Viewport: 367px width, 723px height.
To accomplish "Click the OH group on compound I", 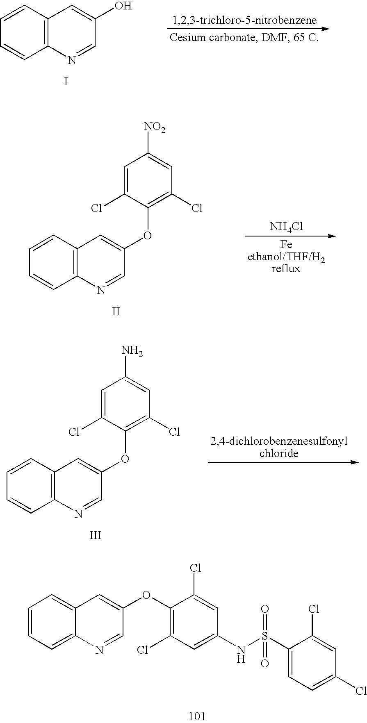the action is pyautogui.click(x=124, y=7).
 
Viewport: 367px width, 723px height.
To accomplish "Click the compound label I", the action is pyautogui.click(x=66, y=82).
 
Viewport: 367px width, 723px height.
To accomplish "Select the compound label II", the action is pyautogui.click(x=116, y=311).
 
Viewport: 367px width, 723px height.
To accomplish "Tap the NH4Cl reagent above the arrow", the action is pyautogui.click(x=286, y=227).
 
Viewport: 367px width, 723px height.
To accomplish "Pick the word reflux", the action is pyautogui.click(x=286, y=269).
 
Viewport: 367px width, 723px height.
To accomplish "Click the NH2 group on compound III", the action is pyautogui.click(x=132, y=351).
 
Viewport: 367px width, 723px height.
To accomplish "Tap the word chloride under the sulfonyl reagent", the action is pyautogui.click(x=279, y=453).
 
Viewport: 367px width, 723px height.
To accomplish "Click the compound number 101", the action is pyautogui.click(x=196, y=716).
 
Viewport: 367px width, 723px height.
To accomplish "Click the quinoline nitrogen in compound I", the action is pyautogui.click(x=72, y=61).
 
